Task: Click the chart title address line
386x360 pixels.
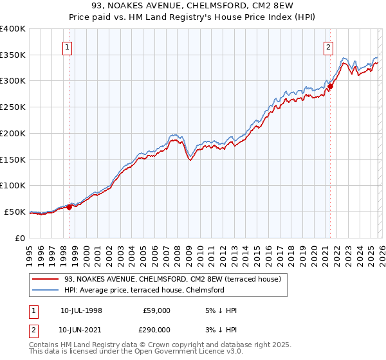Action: pyautogui.click(x=193, y=7)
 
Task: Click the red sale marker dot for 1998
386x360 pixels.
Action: pyautogui.click(x=69, y=207)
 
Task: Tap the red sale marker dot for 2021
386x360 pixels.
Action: pyautogui.click(x=330, y=85)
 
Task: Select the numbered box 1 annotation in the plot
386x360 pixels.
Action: pyautogui.click(x=68, y=46)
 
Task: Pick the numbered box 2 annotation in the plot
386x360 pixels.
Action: pyautogui.click(x=329, y=46)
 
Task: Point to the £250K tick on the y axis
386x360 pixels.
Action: pyautogui.click(x=13, y=107)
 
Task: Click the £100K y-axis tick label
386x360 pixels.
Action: pyautogui.click(x=13, y=186)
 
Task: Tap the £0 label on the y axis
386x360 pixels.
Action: pyautogui.click(x=19, y=238)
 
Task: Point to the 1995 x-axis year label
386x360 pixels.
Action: pyautogui.click(x=29, y=252)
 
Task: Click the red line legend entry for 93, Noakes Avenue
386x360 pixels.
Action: pyautogui.click(x=172, y=280)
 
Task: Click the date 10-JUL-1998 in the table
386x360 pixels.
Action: pyautogui.click(x=81, y=310)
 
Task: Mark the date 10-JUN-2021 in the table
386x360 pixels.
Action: pyautogui.click(x=81, y=329)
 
